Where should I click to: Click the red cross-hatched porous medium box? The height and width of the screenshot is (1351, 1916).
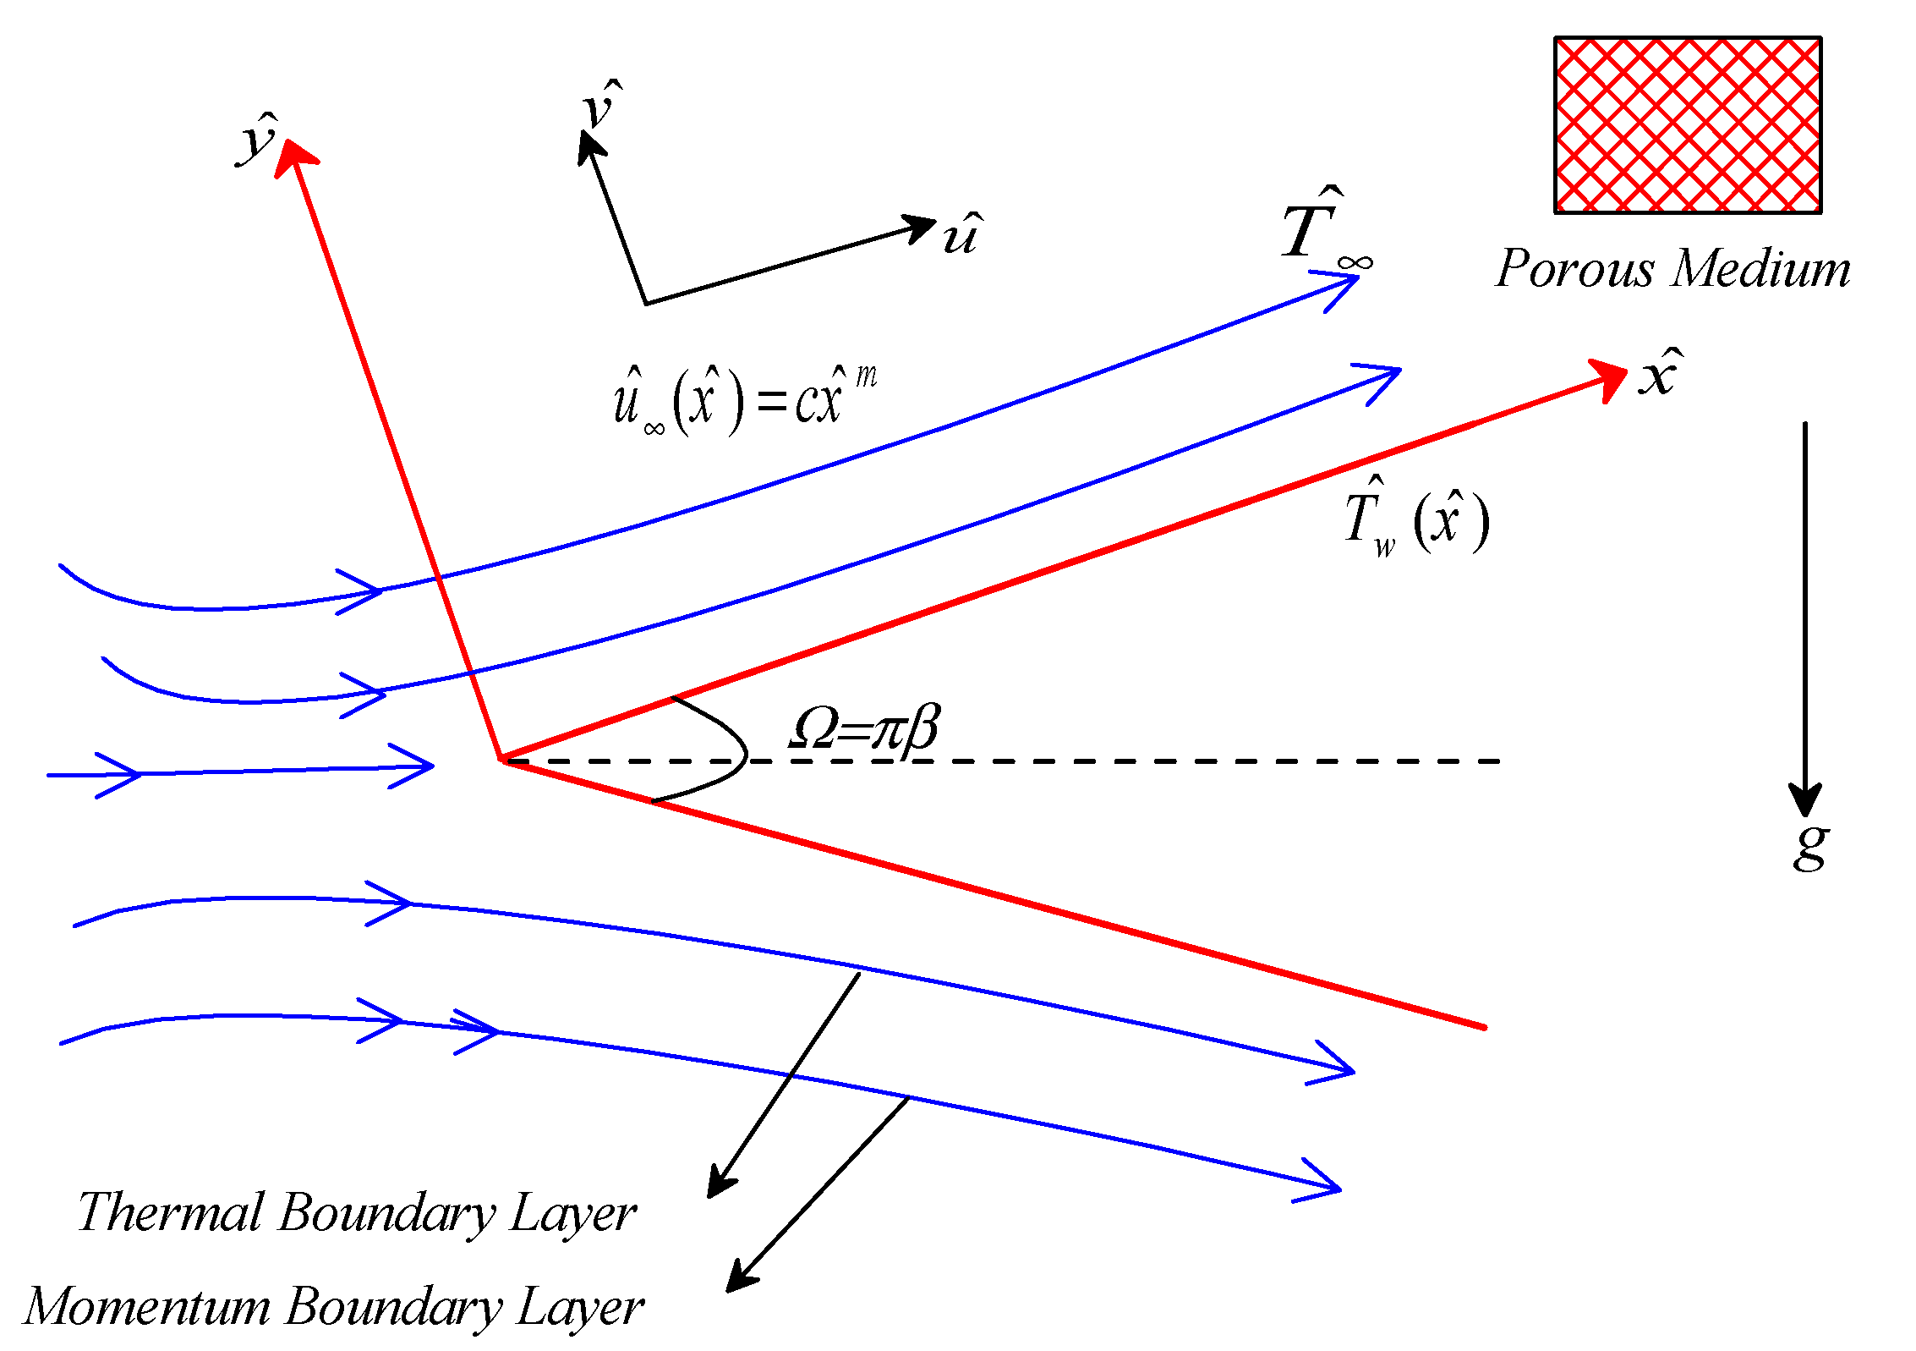pos(1688,125)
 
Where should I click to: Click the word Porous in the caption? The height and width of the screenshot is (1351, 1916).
pos(1574,269)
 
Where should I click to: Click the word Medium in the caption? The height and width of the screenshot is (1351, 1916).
pos(1762,269)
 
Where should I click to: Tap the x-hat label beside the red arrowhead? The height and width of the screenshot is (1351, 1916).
pos(1660,373)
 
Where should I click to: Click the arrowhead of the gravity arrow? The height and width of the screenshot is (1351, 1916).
pos(1804,799)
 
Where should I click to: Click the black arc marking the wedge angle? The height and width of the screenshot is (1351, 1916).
pos(745,752)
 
